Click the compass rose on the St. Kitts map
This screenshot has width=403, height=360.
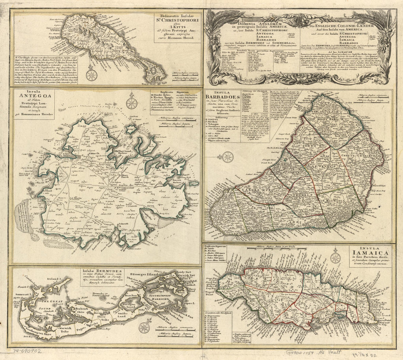91,75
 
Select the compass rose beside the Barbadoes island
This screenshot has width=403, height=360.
228,157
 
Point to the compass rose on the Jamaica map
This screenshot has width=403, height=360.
335,258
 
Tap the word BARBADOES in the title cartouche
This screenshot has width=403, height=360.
223,97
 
